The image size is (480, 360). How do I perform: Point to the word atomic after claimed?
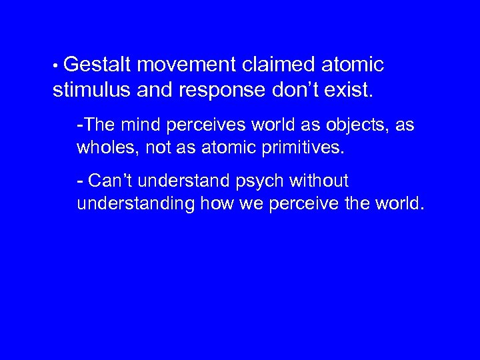tap(353, 65)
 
